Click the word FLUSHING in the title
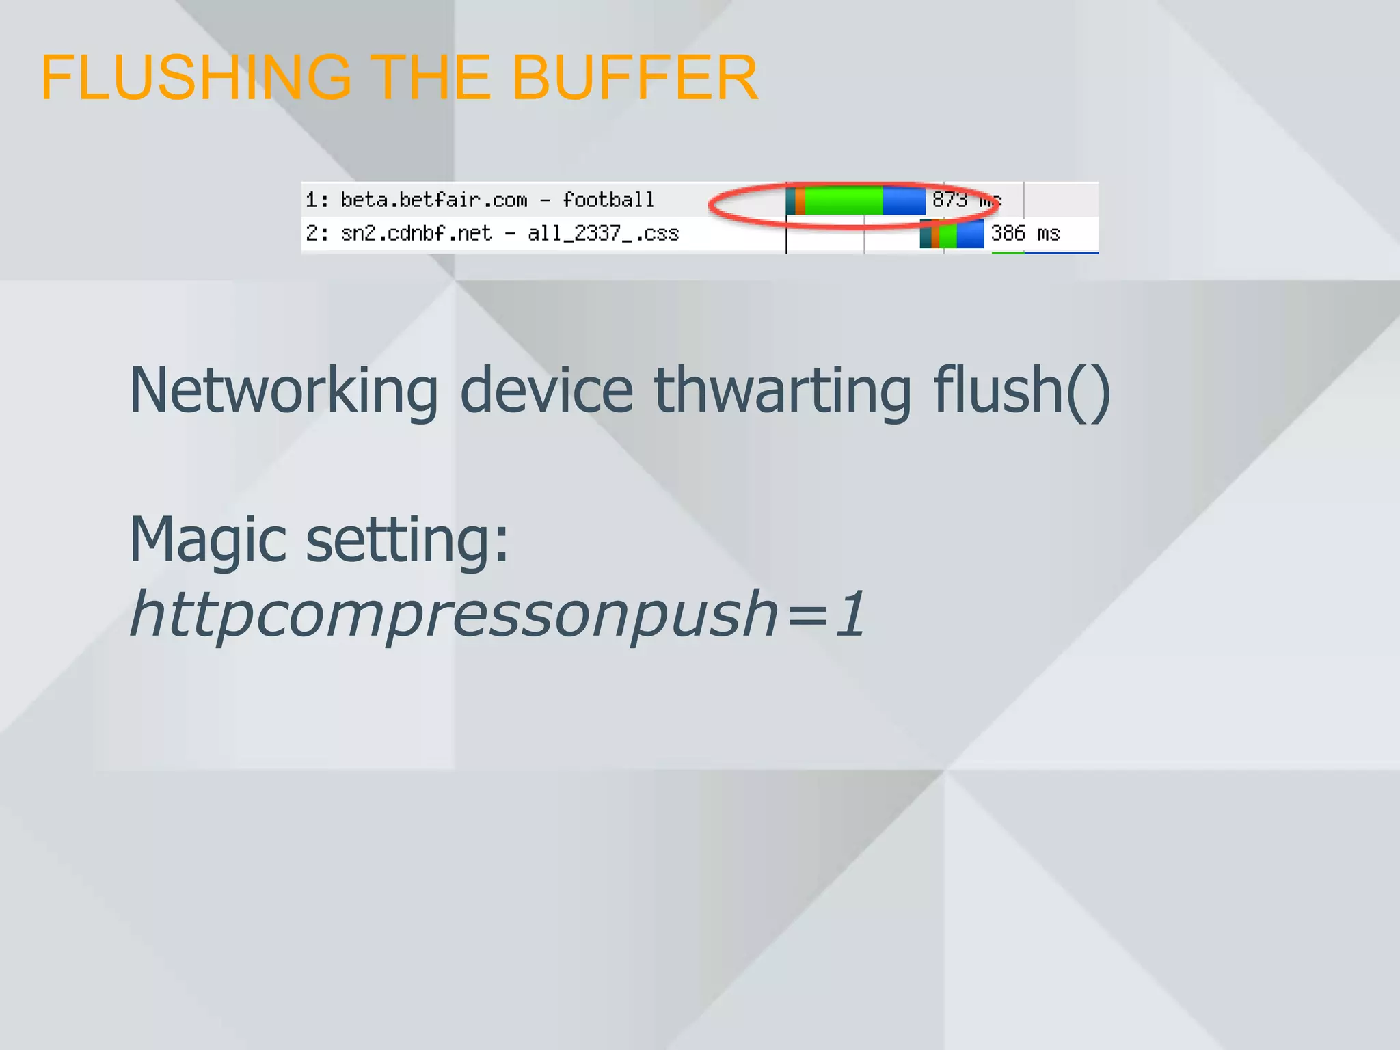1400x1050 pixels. pos(196,77)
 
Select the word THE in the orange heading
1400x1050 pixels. pos(430,77)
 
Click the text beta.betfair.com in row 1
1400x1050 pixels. pos(433,200)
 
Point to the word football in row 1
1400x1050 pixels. pos(608,200)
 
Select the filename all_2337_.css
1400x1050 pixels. pos(603,234)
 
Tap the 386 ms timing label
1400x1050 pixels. pos(1025,234)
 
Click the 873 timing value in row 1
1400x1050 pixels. pos(950,200)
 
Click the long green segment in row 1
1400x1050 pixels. pos(844,201)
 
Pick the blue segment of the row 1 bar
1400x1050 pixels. pos(904,201)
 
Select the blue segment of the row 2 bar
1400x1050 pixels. pos(969,234)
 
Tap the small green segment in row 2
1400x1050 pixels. pos(947,234)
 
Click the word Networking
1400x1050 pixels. pos(283,391)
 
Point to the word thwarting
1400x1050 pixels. pos(783,391)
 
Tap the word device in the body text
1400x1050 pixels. pos(546,391)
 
